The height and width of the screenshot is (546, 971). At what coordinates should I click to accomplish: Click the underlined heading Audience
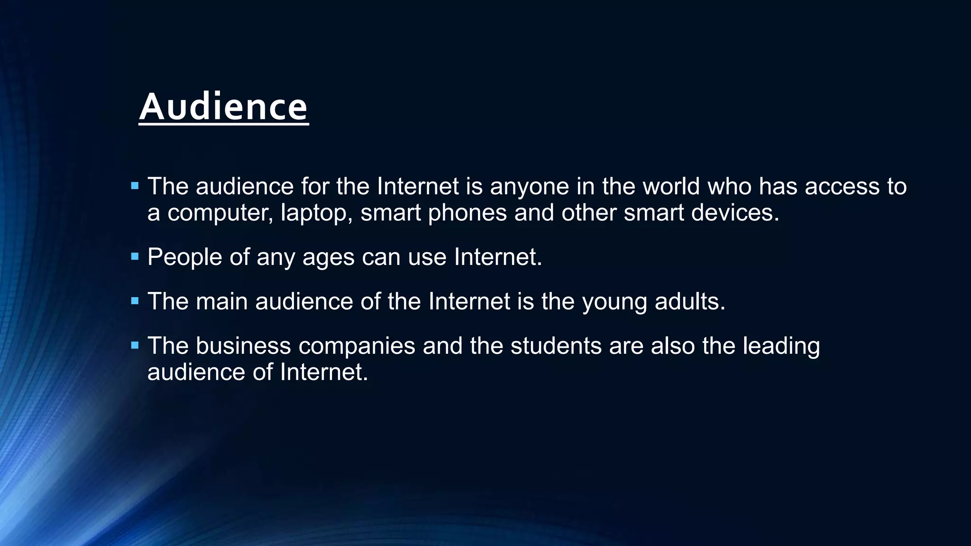[223, 107]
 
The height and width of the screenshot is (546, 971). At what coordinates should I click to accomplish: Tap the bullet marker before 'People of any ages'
[135, 257]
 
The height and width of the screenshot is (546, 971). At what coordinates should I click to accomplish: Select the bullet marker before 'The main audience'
[135, 301]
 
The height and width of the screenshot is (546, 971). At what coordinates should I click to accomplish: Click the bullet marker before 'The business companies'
[135, 346]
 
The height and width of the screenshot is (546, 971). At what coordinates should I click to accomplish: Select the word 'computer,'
[220, 213]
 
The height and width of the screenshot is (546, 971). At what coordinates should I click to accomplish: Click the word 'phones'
[467, 213]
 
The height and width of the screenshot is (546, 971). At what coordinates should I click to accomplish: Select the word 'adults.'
[690, 301]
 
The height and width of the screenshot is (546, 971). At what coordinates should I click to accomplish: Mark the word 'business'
[243, 346]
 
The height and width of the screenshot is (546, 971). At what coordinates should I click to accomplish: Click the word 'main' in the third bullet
[221, 301]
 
